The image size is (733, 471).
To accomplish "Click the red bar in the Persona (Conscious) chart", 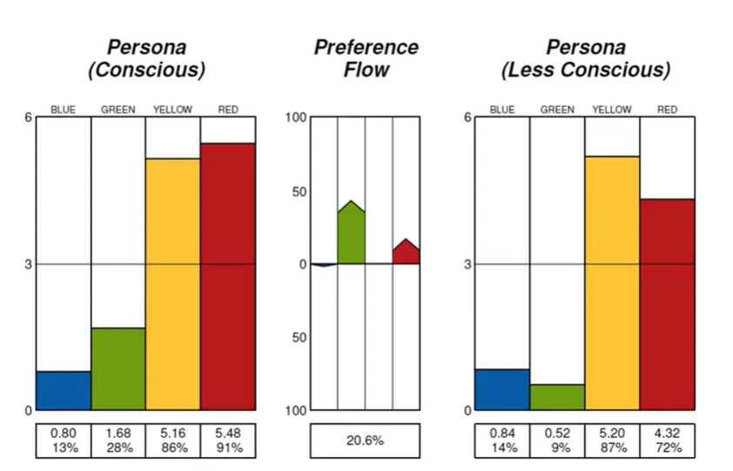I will (x=227, y=276).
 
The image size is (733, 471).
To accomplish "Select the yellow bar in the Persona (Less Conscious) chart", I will (x=612, y=283).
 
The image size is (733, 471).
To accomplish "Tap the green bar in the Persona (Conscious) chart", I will (x=118, y=368).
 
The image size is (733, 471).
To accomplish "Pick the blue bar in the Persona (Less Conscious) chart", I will (x=501, y=389).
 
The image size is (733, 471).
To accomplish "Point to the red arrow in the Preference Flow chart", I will (x=406, y=252).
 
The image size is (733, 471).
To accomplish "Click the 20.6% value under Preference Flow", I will (x=364, y=441).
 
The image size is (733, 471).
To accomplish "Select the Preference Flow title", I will (x=366, y=58).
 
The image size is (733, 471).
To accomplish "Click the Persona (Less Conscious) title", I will (x=585, y=58).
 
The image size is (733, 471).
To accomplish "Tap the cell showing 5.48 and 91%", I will (x=227, y=441).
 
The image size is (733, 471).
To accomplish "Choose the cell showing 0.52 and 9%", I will (x=557, y=441).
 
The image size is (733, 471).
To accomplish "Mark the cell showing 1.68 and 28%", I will (x=118, y=441).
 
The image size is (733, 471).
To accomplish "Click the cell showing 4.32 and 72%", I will (x=667, y=441).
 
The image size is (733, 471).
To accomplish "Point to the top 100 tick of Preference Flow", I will (x=297, y=118).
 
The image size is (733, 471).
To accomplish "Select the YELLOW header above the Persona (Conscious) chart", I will (x=172, y=110).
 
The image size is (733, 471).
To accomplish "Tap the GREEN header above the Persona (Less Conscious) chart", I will (x=557, y=110).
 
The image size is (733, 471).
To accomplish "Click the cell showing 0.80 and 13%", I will (x=64, y=441).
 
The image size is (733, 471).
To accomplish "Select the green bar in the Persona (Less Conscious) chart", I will (x=557, y=397).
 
